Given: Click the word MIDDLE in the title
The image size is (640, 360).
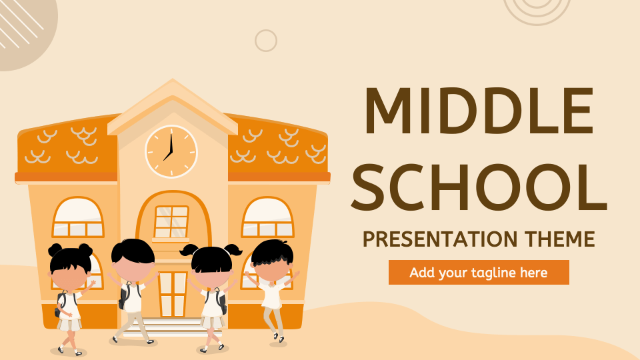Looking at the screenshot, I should (479, 112).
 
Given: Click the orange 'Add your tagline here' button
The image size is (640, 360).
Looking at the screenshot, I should (479, 273).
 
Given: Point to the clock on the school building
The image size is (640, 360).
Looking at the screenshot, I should (171, 151).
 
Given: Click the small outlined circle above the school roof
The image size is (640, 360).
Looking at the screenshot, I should (266, 41).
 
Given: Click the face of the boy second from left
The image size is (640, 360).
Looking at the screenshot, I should (132, 269).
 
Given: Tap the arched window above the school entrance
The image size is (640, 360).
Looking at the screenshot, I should (172, 221).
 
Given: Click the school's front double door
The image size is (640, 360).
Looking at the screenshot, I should (172, 293).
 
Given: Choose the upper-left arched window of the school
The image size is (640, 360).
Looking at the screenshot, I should (78, 218).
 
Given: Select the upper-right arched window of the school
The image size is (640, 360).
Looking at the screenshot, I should (267, 218).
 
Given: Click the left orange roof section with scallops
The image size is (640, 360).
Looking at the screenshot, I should (67, 148).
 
